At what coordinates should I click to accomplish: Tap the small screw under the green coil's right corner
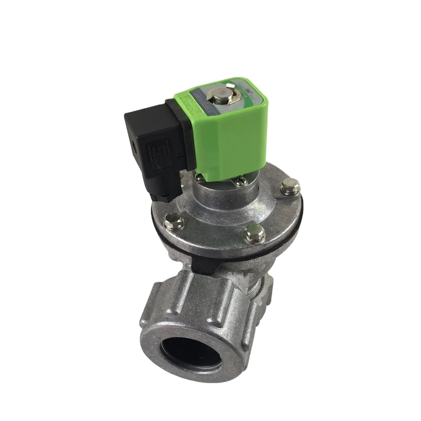point(242,181)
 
